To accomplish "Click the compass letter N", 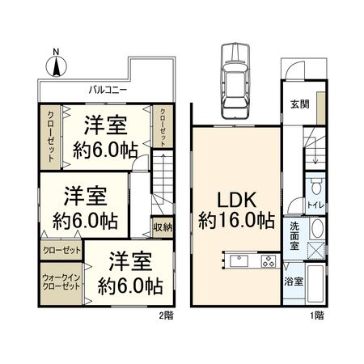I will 54,54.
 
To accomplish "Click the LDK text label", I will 234,197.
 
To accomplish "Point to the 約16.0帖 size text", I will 234,220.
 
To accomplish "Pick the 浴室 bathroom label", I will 294,281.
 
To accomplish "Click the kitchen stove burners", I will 268,261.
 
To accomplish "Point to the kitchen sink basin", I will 239,260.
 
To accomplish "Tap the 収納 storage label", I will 163,227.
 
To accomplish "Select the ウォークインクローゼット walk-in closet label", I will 61,281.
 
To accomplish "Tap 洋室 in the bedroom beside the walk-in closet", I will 129,262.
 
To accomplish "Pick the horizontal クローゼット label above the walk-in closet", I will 61,250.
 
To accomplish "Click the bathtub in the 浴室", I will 316,286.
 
